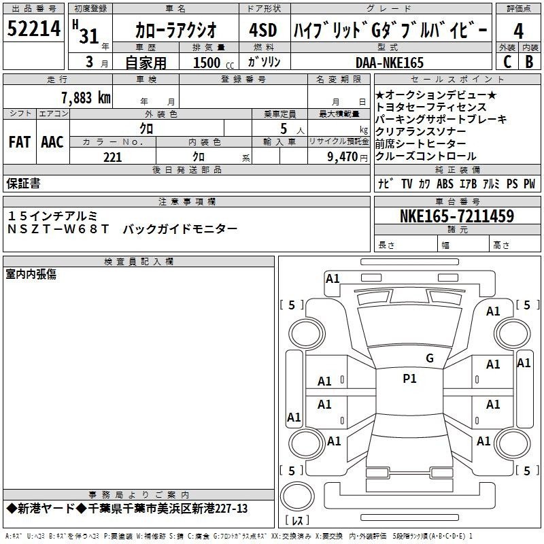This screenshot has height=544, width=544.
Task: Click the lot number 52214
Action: pyautogui.click(x=33, y=29)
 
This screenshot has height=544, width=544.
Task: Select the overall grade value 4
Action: pyautogui.click(x=518, y=31)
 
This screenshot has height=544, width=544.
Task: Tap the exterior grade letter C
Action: pyautogui.click(x=507, y=62)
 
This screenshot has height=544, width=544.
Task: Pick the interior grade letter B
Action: pyautogui.click(x=529, y=62)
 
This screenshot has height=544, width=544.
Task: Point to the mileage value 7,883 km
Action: pyautogui.click(x=86, y=98)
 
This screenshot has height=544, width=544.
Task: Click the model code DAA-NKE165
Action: pyautogui.click(x=390, y=63)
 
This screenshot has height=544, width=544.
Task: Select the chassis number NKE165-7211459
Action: pyautogui.click(x=457, y=216)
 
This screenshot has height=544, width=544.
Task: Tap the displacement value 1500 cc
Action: pyautogui.click(x=214, y=63)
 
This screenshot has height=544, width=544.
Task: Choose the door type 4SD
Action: pyautogui.click(x=263, y=30)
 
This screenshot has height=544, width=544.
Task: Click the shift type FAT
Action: pyautogui.click(x=20, y=142)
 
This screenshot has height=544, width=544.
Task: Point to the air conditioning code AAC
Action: pyautogui.click(x=52, y=142)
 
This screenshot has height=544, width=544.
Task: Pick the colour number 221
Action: pyautogui.click(x=112, y=157)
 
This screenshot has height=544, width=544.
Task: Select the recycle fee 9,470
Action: pyautogui.click(x=343, y=156)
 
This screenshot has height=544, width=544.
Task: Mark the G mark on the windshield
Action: pyautogui.click(x=430, y=358)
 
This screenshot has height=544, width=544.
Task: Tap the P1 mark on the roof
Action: pyautogui.click(x=409, y=379)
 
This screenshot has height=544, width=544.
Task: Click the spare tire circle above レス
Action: pyautogui.click(x=297, y=496)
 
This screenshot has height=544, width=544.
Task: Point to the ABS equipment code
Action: pyautogui.click(x=445, y=184)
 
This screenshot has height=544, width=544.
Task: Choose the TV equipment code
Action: pyautogui.click(x=407, y=184)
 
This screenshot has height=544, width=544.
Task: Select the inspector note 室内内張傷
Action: pyautogui.click(x=31, y=274)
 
